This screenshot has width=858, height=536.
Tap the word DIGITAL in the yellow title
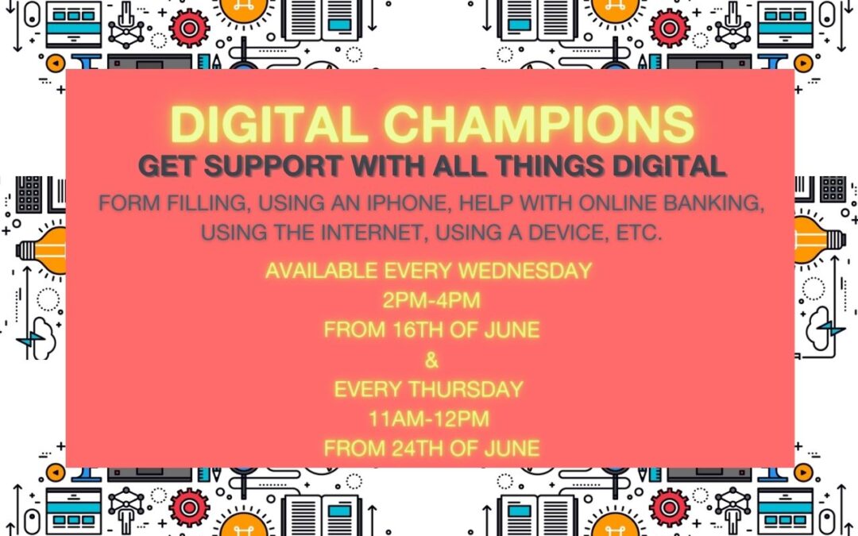[x=269, y=124]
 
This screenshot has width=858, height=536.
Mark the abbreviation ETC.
[x=639, y=233]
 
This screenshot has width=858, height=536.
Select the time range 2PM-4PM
[x=431, y=300]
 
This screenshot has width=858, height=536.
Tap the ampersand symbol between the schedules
[x=431, y=360]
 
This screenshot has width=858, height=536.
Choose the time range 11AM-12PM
[x=429, y=419]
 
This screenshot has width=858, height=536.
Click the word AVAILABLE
[x=322, y=271]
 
